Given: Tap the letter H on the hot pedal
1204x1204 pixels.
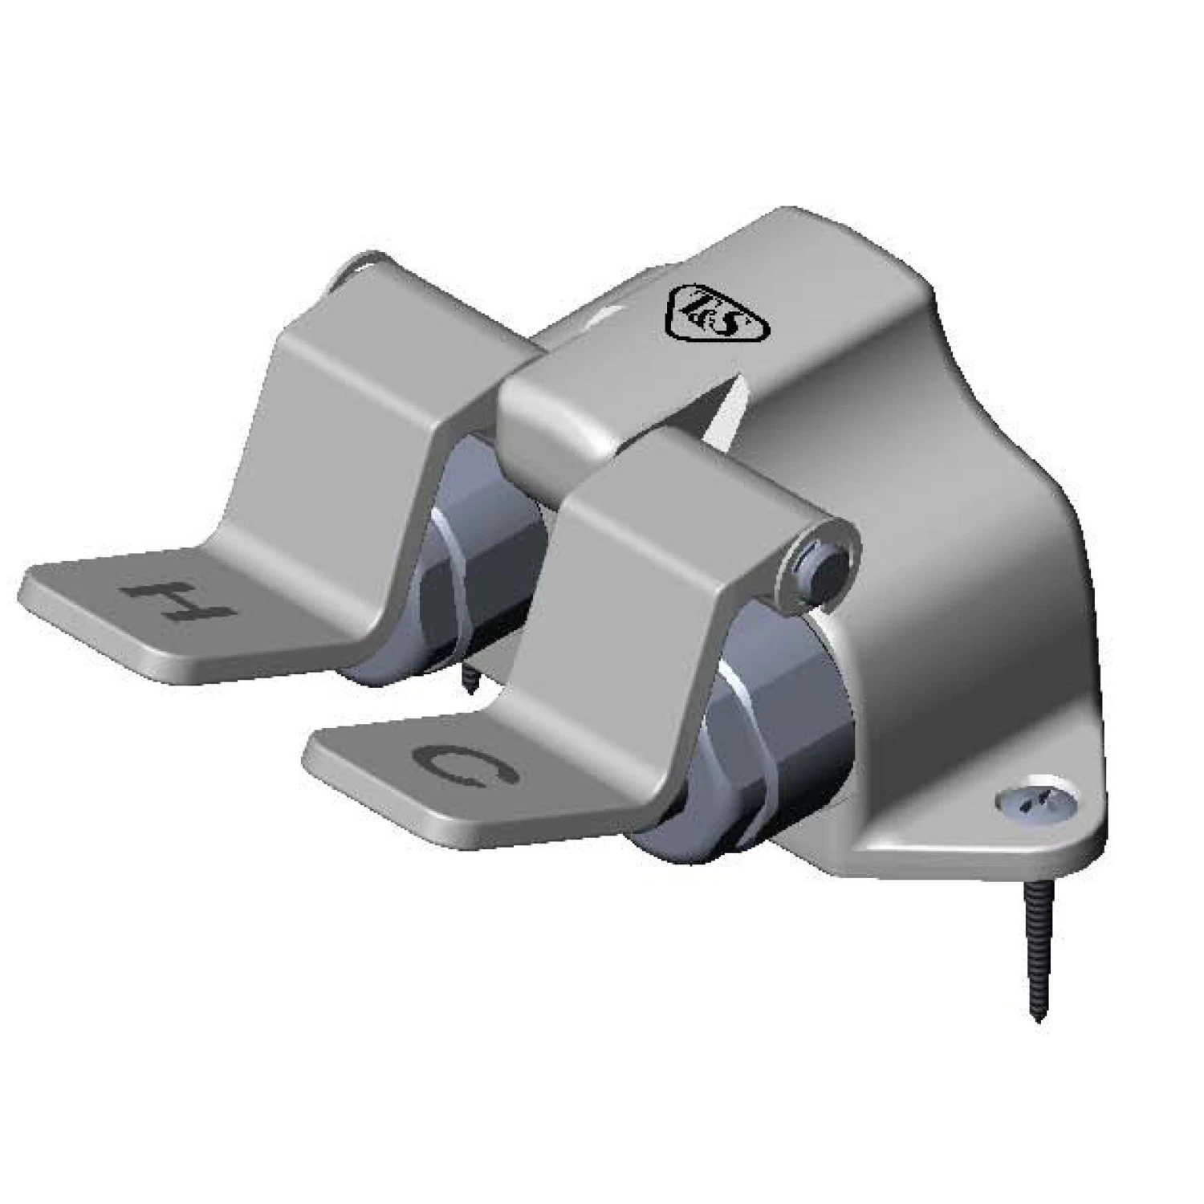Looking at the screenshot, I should [179, 600].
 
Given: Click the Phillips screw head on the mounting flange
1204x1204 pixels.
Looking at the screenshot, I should [1022, 799].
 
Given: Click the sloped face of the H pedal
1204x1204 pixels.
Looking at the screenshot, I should [353, 449].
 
